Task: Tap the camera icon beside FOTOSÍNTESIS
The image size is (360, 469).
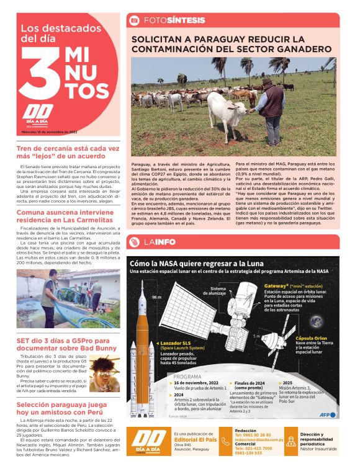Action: click(133, 20)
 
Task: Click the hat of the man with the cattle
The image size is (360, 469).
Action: click(268, 82)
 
